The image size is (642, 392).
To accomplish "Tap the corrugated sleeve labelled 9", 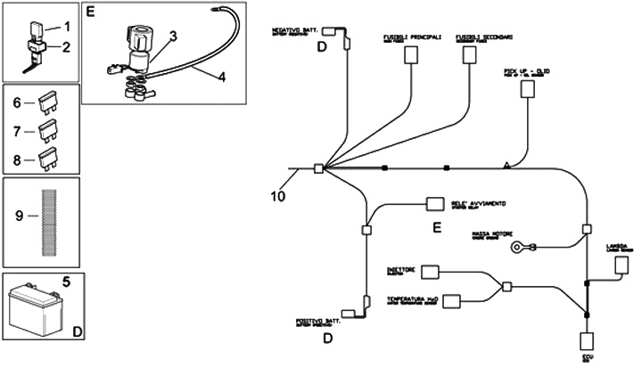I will [x=44, y=217].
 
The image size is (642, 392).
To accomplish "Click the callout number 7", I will [x=16, y=132].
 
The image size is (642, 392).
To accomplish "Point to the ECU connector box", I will [x=587, y=341].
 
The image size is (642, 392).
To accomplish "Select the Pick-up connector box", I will [x=528, y=88].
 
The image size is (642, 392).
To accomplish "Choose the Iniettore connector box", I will [x=431, y=271].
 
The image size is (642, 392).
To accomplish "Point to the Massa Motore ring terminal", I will [x=516, y=249].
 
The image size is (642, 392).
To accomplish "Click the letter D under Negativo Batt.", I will [x=322, y=46].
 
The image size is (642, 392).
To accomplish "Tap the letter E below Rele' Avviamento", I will [x=436, y=228].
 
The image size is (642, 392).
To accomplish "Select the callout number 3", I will [x=173, y=36].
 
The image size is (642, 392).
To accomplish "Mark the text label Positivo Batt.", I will [x=317, y=322].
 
